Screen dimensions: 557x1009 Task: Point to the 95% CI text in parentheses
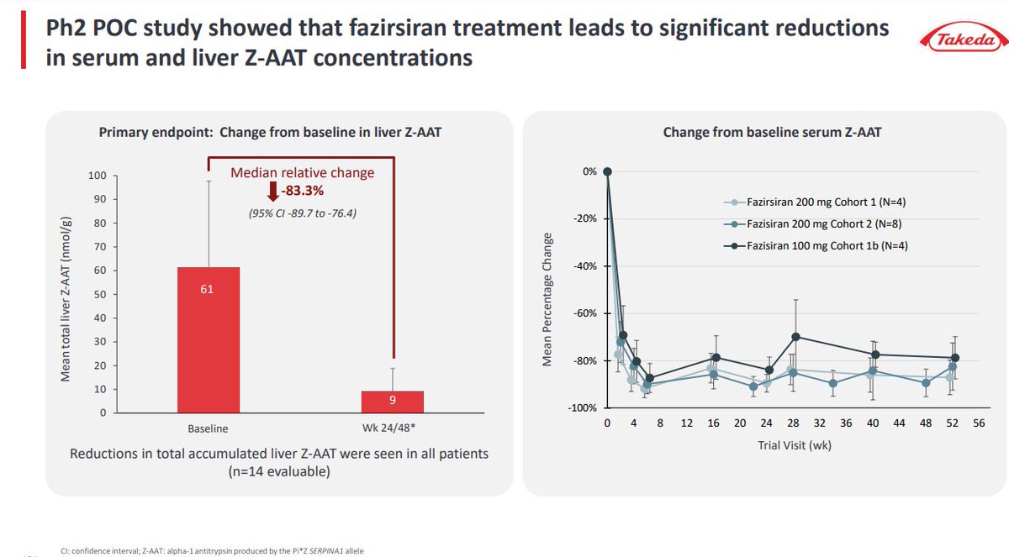(x=303, y=212)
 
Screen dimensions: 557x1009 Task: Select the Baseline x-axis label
(x=208, y=428)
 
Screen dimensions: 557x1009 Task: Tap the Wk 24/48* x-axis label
(x=393, y=428)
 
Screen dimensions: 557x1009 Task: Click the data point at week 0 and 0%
(x=607, y=171)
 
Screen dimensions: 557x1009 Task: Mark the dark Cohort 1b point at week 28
(x=795, y=337)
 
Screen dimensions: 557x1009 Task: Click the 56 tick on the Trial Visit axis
(x=979, y=424)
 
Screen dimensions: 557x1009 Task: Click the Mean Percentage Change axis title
(x=547, y=299)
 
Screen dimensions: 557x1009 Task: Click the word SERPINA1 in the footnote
(x=318, y=550)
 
